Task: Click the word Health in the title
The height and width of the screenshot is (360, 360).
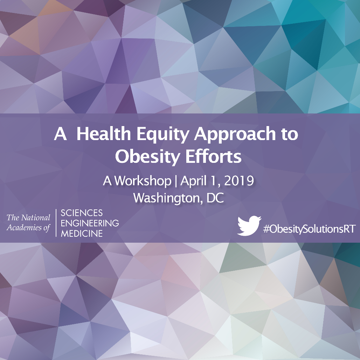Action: click(104, 133)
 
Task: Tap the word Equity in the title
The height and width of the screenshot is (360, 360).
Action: click(163, 135)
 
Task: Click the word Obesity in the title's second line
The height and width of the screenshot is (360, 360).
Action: click(147, 158)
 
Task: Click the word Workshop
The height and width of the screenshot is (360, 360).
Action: click(143, 181)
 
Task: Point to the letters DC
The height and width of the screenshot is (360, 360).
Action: click(215, 198)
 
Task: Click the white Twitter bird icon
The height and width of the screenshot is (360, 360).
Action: click(249, 226)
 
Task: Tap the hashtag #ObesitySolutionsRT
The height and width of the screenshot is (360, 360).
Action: click(309, 229)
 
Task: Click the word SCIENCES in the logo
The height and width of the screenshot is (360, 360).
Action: click(82, 213)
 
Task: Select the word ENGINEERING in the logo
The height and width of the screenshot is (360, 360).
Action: click(90, 223)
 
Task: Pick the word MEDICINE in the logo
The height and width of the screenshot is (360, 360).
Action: click(82, 234)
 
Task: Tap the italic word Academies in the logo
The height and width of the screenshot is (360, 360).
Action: click(24, 228)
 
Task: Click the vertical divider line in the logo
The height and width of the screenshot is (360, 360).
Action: click(56, 223)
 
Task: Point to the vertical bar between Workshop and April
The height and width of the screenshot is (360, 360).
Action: click(176, 181)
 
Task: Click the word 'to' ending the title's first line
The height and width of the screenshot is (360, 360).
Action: click(290, 134)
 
